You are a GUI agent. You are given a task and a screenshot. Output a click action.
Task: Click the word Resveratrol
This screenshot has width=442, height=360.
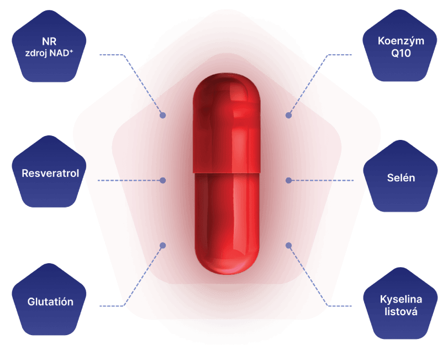(x=50, y=174)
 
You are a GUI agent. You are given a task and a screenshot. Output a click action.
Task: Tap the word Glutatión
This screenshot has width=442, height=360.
(x=50, y=302)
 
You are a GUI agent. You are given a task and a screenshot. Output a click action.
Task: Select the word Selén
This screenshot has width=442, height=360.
(x=401, y=178)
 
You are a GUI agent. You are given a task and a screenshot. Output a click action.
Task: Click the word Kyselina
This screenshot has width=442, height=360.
(x=401, y=299)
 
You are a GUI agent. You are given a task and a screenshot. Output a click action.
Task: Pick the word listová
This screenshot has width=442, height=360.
(x=401, y=312)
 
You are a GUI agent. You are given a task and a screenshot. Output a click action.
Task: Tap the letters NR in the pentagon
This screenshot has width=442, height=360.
(x=49, y=41)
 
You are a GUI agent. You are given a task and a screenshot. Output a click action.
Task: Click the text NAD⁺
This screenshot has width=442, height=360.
(x=62, y=54)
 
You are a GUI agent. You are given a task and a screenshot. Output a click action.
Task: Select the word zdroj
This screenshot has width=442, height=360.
(x=36, y=54)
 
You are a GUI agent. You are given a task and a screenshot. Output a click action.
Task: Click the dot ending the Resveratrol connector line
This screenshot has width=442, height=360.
(x=163, y=180)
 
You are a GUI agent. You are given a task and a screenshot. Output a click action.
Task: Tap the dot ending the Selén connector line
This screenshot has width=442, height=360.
(x=288, y=180)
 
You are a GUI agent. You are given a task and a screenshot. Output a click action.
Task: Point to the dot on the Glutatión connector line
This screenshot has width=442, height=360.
(x=163, y=245)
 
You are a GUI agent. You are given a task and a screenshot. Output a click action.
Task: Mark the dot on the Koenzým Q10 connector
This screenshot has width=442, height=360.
(x=288, y=116)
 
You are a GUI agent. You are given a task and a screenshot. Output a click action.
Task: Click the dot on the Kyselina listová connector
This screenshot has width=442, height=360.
(x=288, y=245)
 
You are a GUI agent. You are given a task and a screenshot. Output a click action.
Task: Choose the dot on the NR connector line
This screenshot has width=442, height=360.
(x=163, y=116)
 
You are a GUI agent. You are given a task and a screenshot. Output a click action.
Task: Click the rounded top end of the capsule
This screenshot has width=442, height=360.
(x=227, y=83)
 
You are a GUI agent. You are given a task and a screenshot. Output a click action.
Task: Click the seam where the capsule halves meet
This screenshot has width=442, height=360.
(x=227, y=172)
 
